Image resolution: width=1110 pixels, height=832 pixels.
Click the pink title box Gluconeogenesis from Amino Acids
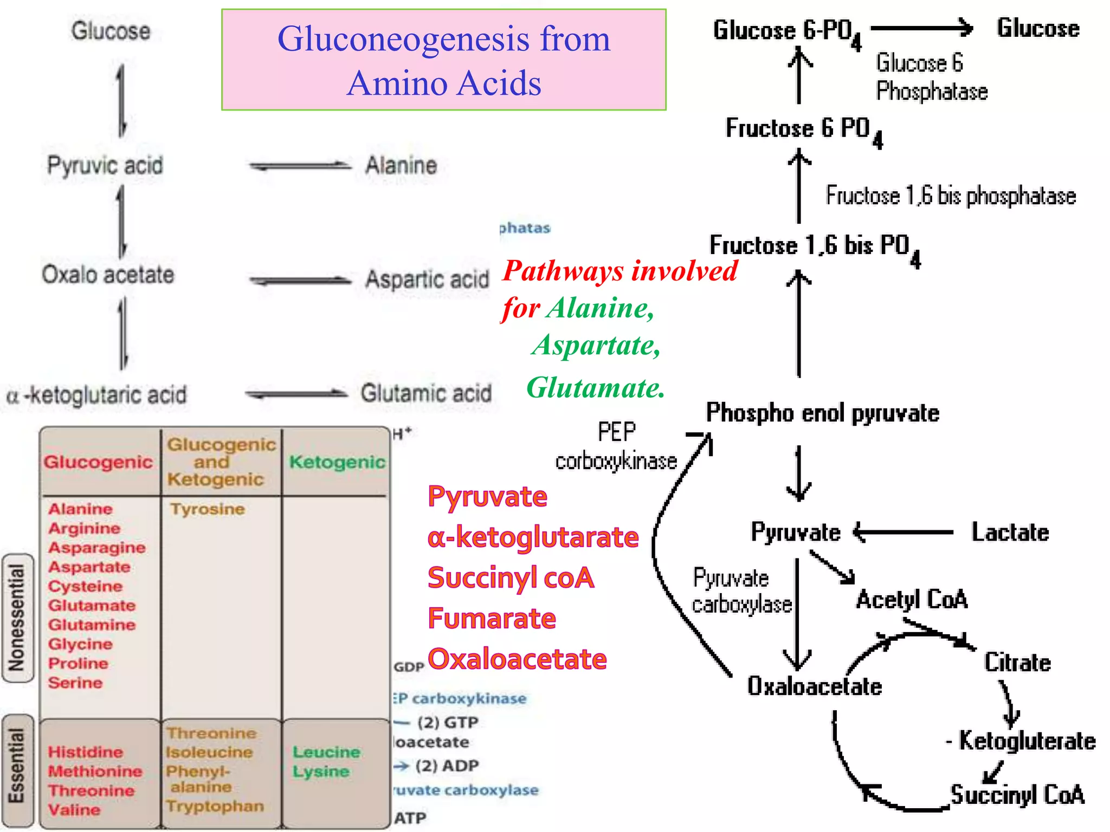[443, 60]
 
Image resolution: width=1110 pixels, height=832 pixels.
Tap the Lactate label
[1010, 532]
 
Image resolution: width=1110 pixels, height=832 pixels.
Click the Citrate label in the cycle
[1017, 662]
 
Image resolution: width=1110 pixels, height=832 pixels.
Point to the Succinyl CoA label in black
[1017, 795]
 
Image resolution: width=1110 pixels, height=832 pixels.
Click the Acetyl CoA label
[912, 599]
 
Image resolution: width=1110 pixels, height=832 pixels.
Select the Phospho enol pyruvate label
[822, 413]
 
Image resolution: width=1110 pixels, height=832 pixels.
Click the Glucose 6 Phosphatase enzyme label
[931, 77]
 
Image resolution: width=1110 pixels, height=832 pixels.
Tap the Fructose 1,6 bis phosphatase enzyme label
[950, 196]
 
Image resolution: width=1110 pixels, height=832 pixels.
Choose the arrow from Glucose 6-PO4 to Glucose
[921, 28]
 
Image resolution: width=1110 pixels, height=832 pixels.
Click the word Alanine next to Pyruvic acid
[401, 165]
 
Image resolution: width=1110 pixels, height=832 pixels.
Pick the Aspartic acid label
[427, 279]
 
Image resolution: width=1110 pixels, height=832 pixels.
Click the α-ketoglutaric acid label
[96, 395]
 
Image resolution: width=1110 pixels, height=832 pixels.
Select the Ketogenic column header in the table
[337, 462]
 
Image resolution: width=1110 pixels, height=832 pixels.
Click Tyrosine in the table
[208, 509]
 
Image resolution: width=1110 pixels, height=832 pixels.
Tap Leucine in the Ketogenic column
[326, 752]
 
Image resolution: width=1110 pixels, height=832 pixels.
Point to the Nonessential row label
[17, 617]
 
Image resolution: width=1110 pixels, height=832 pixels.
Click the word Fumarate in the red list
[492, 618]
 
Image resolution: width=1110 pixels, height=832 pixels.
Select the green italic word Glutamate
[595, 388]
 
